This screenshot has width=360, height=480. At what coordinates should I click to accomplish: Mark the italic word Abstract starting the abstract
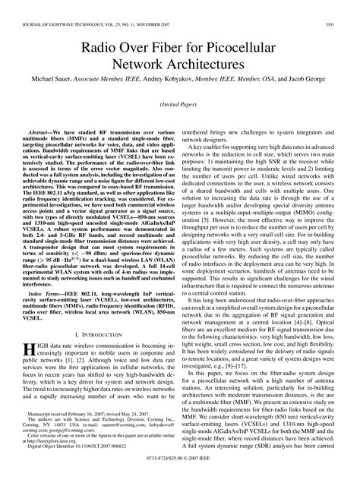pos(43,131)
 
